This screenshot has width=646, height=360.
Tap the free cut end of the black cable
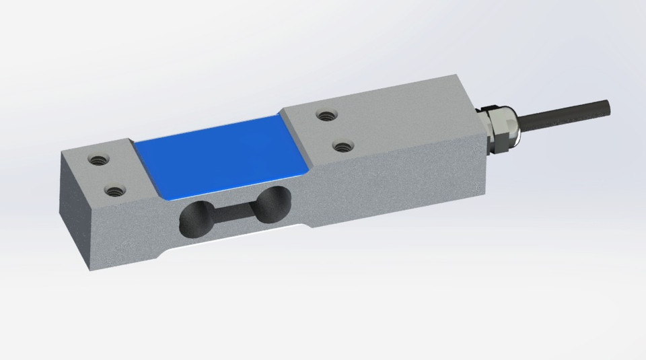pyautogui.click(x=608, y=106)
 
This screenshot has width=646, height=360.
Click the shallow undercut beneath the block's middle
pyautogui.click(x=236, y=242)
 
